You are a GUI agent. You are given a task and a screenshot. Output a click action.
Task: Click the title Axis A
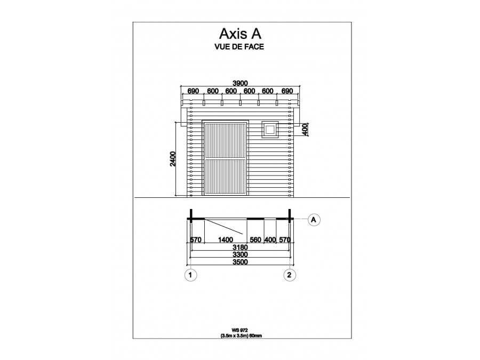click(x=241, y=34)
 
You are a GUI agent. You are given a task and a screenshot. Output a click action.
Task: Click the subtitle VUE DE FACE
click(x=239, y=47)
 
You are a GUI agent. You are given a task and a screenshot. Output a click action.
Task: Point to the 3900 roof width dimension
click(x=240, y=83)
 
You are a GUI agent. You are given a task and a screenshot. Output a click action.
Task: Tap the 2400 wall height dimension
click(x=173, y=158)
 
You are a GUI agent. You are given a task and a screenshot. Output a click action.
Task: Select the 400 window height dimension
click(x=305, y=129)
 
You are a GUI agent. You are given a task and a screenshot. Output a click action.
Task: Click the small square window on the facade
click(x=270, y=130)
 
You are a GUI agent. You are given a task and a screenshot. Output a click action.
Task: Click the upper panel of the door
click(x=226, y=140)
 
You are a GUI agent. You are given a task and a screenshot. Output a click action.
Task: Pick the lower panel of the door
click(x=226, y=177)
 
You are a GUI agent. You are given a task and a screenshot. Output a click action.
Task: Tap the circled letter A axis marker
click(x=314, y=220)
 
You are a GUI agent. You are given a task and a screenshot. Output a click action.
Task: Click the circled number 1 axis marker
click(x=190, y=275)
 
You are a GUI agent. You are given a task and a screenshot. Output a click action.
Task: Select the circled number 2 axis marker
click(x=290, y=275)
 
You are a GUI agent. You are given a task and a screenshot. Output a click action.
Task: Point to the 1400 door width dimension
click(x=226, y=239)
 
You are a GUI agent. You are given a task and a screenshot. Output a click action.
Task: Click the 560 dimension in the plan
click(x=255, y=239)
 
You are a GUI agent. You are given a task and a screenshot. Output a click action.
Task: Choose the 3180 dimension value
click(x=240, y=247)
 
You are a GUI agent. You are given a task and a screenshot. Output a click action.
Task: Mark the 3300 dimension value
click(x=240, y=254)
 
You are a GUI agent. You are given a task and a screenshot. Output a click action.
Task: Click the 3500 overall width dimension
click(x=240, y=262)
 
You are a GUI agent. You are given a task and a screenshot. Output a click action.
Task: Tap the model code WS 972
click(x=239, y=330)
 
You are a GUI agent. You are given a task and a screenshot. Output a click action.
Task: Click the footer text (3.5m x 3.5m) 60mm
click(x=241, y=335)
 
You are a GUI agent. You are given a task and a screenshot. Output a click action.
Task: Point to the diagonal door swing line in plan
click(x=224, y=227)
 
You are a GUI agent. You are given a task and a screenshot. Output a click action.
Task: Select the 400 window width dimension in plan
click(x=270, y=239)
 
